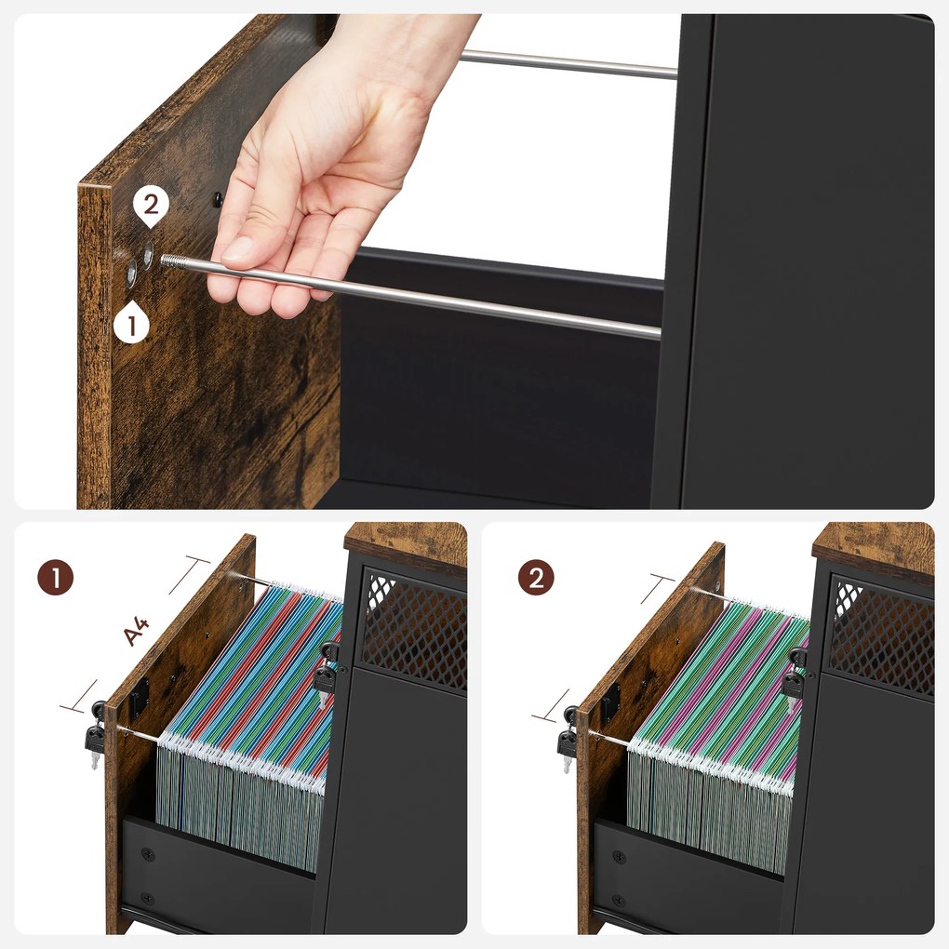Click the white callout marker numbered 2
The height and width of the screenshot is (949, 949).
point(151,207)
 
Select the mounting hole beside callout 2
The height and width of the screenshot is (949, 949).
point(148,255)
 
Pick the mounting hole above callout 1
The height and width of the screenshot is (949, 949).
point(132,273)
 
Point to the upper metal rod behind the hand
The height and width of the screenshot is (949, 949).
point(568,64)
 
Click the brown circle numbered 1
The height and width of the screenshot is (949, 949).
point(56,578)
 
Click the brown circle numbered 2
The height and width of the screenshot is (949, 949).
point(536,578)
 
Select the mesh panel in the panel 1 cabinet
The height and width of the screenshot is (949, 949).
point(415,630)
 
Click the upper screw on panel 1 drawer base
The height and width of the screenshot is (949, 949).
point(147,855)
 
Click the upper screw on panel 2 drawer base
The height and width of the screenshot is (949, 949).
point(619,857)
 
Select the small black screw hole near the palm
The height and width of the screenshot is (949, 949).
point(218,198)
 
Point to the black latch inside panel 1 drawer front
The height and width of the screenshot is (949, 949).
point(140,697)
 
